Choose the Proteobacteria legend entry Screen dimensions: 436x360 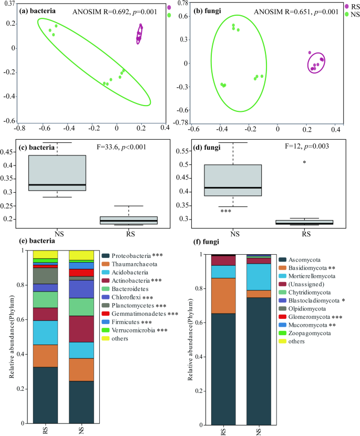[x=132, y=255]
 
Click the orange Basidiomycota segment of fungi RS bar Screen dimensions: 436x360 [x=223, y=295]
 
